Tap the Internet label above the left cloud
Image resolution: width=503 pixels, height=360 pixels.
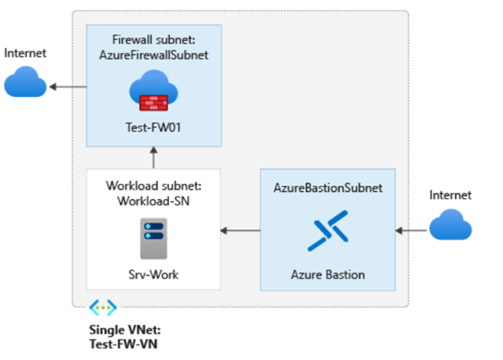click(x=25, y=53)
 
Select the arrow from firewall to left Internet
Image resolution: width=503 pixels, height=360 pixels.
click(x=69, y=84)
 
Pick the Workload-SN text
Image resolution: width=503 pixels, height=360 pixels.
click(x=154, y=201)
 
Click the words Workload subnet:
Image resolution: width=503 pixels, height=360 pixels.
click(x=154, y=186)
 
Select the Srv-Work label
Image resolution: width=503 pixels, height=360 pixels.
click(x=154, y=273)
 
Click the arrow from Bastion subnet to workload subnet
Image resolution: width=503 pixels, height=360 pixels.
click(x=240, y=231)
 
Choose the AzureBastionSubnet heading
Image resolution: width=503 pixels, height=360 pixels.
click(x=327, y=188)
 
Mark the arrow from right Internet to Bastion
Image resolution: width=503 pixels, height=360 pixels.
click(x=411, y=231)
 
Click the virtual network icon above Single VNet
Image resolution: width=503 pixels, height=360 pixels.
click(x=103, y=308)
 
